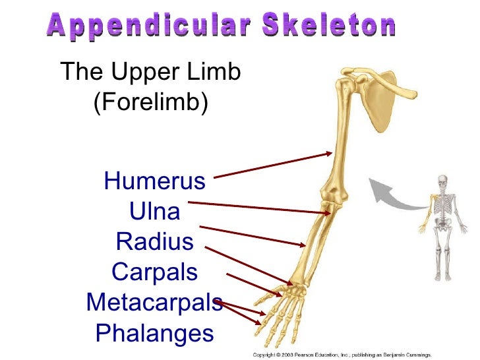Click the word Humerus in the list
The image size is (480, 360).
(155, 180)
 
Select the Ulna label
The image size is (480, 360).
(154, 211)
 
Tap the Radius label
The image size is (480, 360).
(155, 241)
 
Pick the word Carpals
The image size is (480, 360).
(155, 272)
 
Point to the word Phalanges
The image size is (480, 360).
(155, 332)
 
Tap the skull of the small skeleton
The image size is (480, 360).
(442, 181)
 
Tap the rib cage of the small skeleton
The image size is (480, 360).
(442, 204)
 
